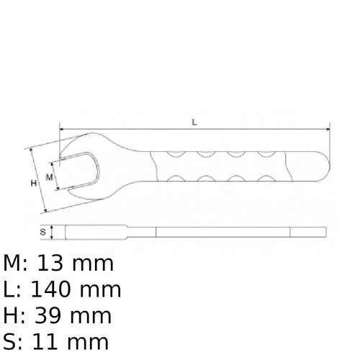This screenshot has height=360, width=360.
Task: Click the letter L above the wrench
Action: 194,122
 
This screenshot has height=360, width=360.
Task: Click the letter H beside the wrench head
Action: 33,184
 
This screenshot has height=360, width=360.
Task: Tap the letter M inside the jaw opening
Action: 50,176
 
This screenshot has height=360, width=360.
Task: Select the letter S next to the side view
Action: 43,232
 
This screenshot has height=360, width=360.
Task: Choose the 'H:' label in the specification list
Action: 14,316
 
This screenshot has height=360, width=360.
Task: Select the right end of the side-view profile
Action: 325,232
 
